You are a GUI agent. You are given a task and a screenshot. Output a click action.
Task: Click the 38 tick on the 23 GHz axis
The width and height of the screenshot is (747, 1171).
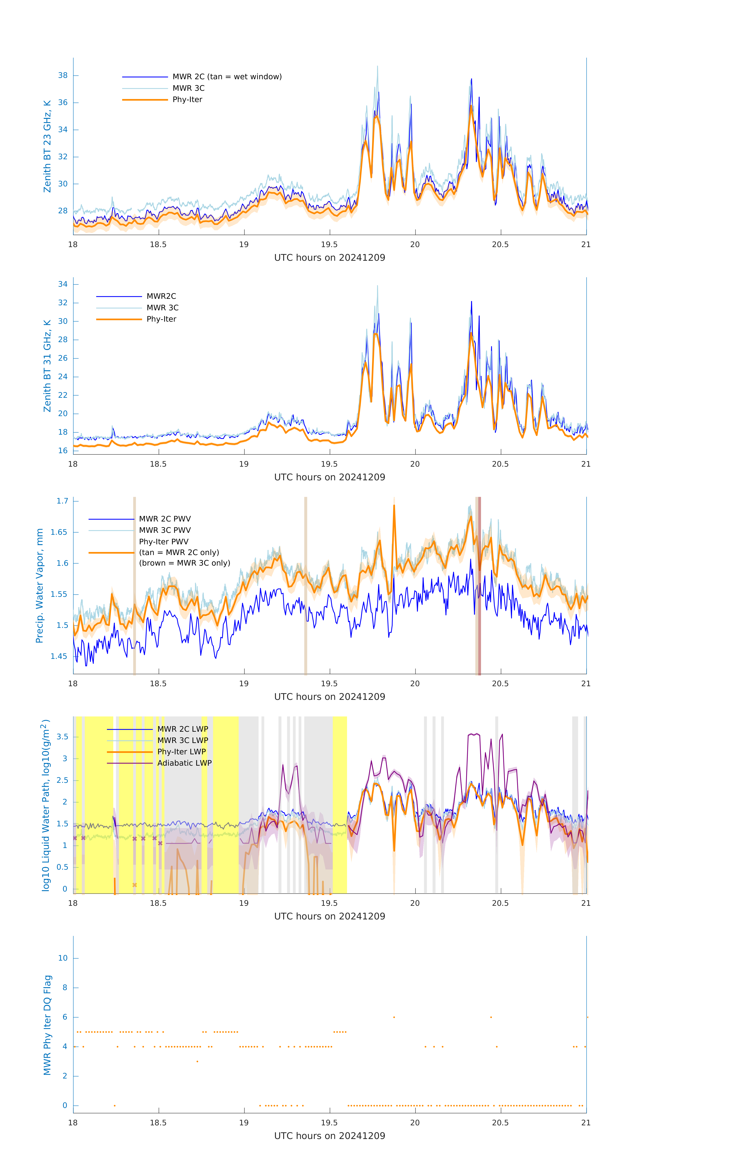point(63,75)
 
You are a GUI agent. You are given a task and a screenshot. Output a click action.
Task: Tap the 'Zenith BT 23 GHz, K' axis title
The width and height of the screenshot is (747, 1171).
point(47,146)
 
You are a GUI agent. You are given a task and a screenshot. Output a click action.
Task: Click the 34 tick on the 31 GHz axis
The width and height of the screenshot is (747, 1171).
point(63,284)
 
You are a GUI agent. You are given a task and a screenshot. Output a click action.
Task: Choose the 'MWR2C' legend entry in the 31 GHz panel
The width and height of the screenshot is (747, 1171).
point(161,296)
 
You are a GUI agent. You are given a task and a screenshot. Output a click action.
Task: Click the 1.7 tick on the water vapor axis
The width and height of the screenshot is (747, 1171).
point(62,501)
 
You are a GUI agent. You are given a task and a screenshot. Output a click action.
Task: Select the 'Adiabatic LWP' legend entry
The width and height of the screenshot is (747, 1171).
point(184,763)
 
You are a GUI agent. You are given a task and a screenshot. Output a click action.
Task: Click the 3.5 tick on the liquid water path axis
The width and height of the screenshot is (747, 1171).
point(62,737)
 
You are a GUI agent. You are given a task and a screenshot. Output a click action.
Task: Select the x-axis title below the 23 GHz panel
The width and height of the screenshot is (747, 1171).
point(329,258)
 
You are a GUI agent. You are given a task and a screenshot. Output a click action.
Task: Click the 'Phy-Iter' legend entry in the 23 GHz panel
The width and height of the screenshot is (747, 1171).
point(187,100)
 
